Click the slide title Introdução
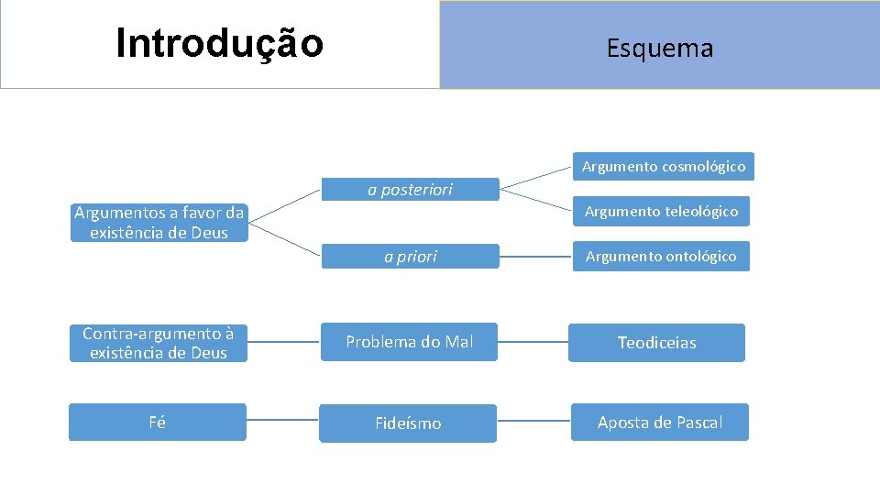(x=220, y=43)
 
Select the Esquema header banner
(x=659, y=46)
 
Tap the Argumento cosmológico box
(x=664, y=167)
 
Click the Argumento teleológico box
(x=661, y=212)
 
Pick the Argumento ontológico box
(x=661, y=257)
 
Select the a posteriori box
(x=410, y=190)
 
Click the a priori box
(x=410, y=257)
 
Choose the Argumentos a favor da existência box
(x=159, y=223)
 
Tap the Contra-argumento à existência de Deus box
(x=159, y=343)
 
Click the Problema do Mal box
(x=409, y=342)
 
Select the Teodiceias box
(x=656, y=343)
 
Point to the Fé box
(x=158, y=423)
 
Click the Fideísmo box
(x=408, y=423)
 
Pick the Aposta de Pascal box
(x=659, y=423)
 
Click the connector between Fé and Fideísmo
(x=282, y=423)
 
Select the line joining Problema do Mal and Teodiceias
(x=533, y=342)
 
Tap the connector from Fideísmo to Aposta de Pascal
(x=533, y=423)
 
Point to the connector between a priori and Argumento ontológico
(x=535, y=258)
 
